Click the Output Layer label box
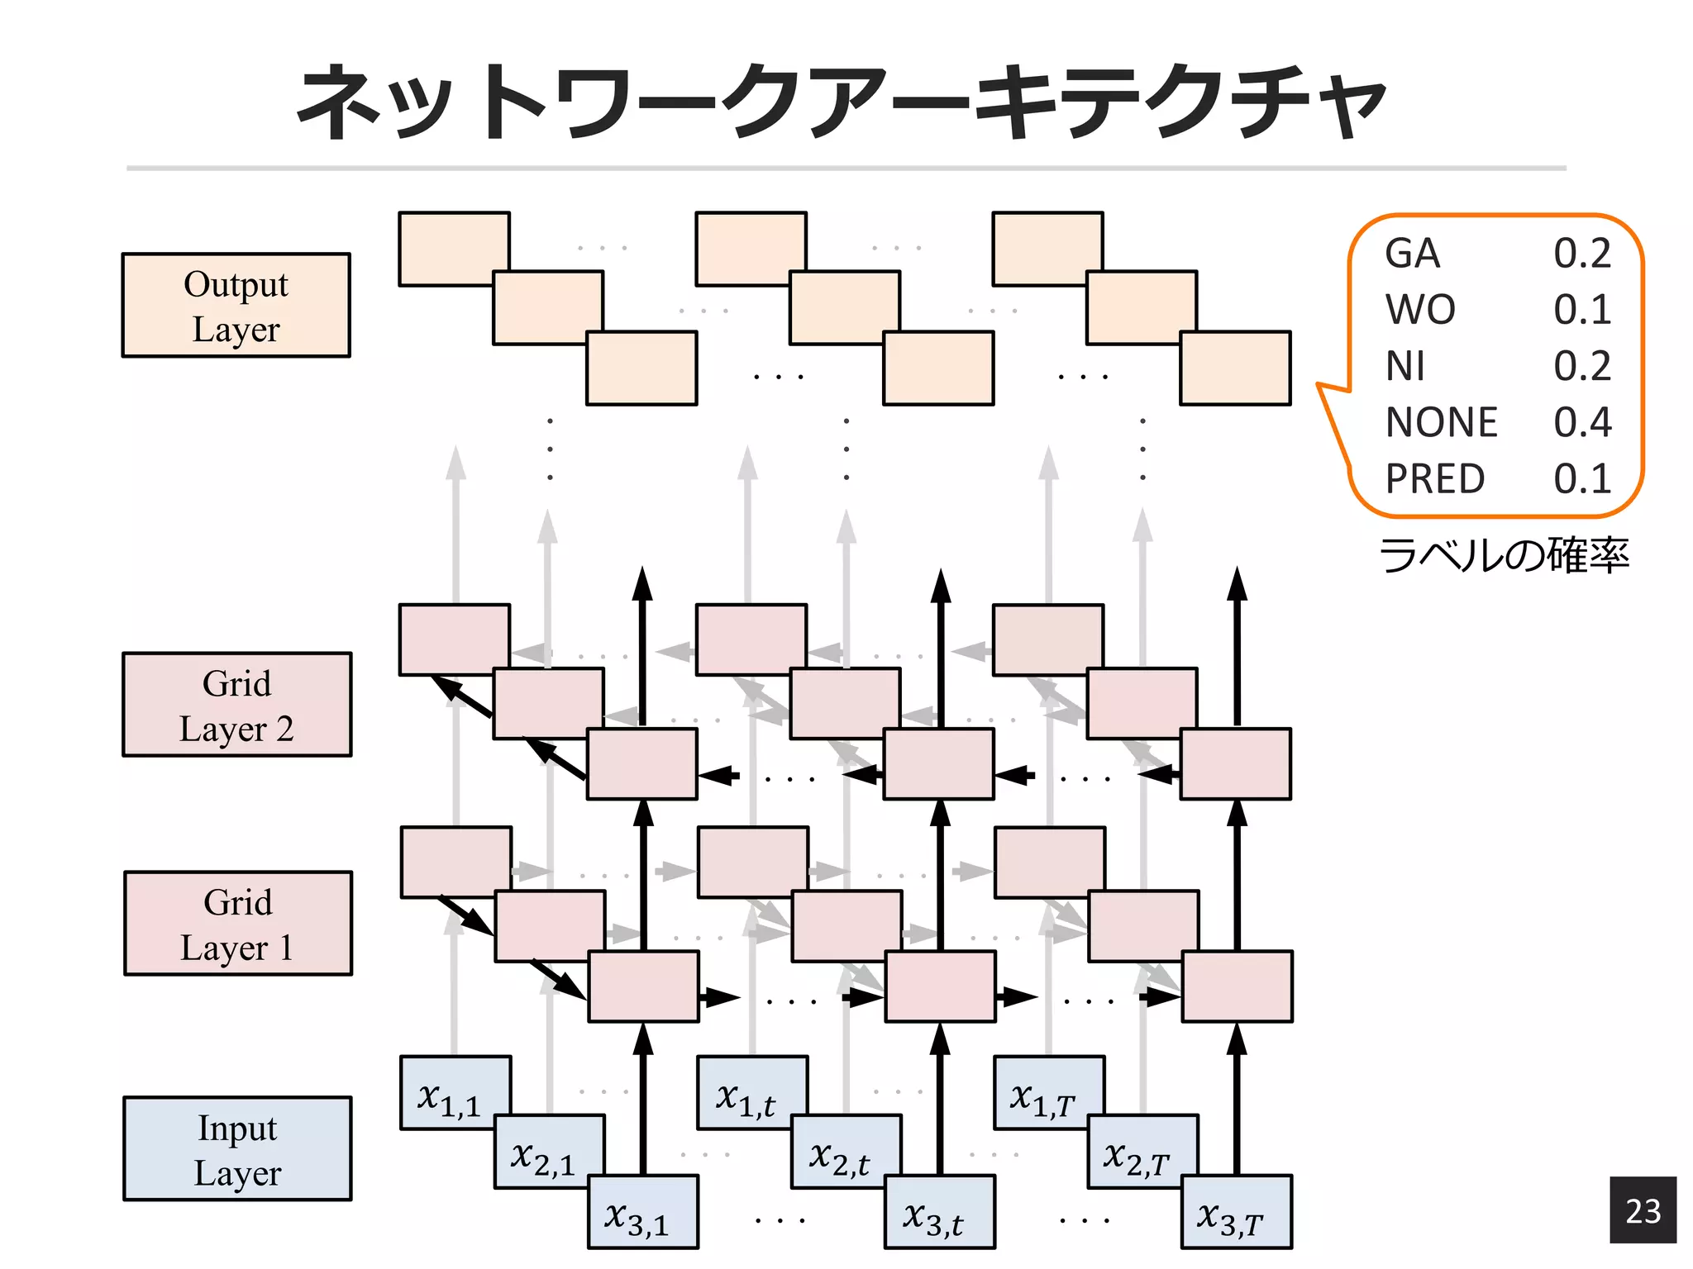236,305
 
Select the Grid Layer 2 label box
236,705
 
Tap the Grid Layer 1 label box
238,924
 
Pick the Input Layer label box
237,1149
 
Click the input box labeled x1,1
447,1091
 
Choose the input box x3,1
641,1214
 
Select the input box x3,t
938,1214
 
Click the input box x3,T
1235,1214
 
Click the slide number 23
1643,1210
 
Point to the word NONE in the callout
1441,422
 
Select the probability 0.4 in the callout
1582,422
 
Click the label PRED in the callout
1435,478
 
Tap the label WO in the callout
1420,310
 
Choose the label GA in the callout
1412,254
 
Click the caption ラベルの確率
1504,555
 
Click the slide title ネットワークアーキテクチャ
842,103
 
